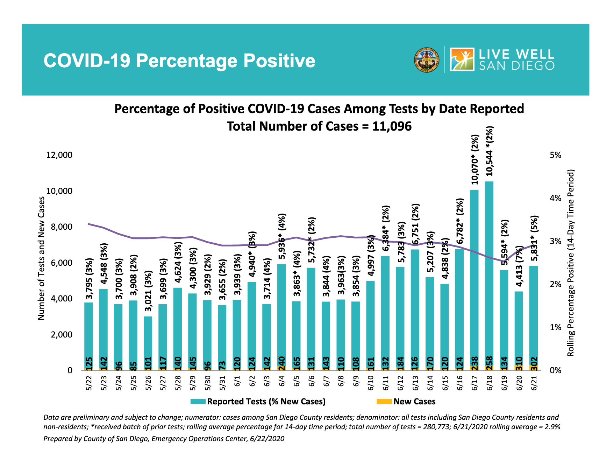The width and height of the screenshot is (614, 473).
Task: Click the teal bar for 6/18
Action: (489, 273)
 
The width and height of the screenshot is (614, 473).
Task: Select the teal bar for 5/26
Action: (148, 340)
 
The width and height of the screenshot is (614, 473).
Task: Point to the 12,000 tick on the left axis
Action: (59, 155)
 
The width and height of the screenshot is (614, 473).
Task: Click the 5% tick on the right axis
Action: (555, 155)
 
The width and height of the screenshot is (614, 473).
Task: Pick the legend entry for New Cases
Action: (414, 402)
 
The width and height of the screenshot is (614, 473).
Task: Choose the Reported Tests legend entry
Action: (266, 402)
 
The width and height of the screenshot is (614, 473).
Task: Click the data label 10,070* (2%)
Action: (474, 159)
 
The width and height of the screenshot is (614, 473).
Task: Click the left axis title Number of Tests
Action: (41, 258)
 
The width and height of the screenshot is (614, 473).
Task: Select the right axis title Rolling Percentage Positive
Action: (571, 263)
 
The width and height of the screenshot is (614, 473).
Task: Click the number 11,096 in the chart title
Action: (392, 126)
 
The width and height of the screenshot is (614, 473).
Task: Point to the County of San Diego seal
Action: (426, 60)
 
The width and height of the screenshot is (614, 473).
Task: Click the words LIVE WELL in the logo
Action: (516, 54)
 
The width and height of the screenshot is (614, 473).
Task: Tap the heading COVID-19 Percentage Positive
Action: (179, 61)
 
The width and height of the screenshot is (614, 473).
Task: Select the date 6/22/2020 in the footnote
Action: (267, 439)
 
